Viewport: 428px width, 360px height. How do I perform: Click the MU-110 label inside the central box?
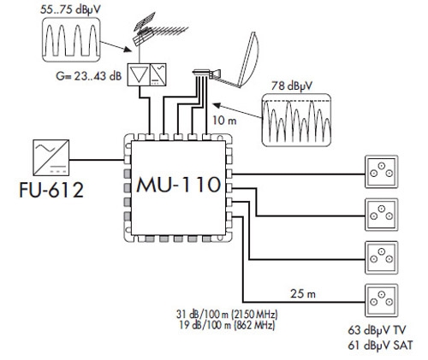pos(179,185)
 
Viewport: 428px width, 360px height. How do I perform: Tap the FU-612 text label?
pos(51,190)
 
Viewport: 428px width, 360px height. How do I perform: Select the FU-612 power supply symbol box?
pos(51,157)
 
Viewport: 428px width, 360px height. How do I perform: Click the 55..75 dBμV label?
pos(70,9)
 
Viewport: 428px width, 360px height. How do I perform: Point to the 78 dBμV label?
pos(292,86)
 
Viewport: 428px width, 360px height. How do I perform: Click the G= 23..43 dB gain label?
pos(89,76)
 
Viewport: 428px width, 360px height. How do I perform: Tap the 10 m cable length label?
pos(224,121)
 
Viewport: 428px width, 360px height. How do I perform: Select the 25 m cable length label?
pos(303,293)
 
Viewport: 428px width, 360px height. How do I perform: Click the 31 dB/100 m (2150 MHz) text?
pos(227,314)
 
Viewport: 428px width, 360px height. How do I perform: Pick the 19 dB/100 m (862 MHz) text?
pos(227,325)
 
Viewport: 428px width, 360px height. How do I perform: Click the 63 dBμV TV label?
pos(377,330)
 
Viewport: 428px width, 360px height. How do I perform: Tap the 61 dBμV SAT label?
pos(380,345)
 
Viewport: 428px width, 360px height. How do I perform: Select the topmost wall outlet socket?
pos(382,172)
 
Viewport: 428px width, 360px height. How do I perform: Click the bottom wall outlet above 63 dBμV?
pos(382,300)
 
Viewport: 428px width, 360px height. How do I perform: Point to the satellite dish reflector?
pos(248,59)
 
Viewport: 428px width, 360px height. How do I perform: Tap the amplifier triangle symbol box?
pos(139,74)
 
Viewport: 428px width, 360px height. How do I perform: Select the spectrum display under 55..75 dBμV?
pos(71,39)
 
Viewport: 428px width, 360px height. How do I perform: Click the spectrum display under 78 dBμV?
pos(296,121)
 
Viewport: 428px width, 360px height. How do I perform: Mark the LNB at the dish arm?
pos(206,74)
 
